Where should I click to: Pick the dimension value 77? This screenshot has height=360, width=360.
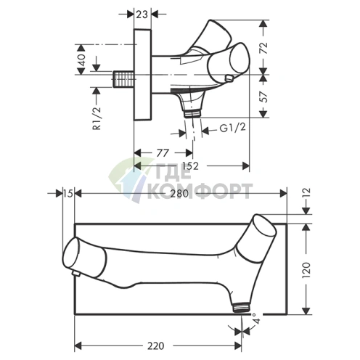(x=163, y=152)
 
